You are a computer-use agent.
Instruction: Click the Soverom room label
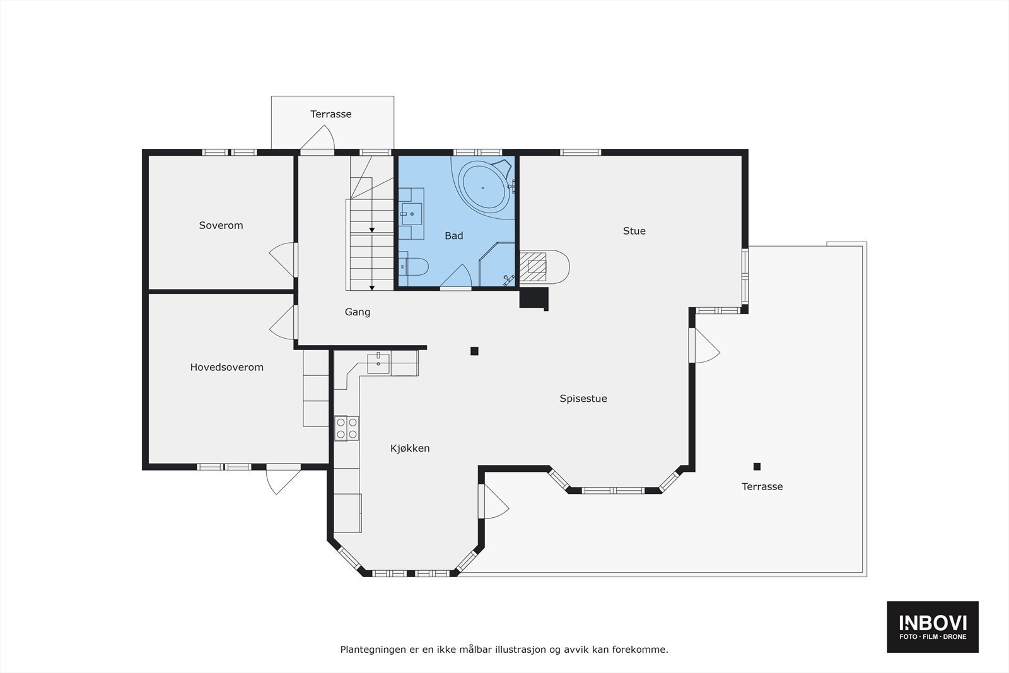click(x=221, y=225)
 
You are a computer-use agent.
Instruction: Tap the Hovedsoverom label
click(x=226, y=367)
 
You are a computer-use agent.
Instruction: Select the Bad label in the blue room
click(x=453, y=236)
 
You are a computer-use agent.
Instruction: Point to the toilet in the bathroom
click(x=414, y=267)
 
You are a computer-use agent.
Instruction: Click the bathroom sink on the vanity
click(x=412, y=214)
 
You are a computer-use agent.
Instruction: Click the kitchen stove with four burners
click(x=346, y=428)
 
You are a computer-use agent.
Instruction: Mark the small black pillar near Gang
click(x=474, y=351)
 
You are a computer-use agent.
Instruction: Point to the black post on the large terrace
click(x=757, y=467)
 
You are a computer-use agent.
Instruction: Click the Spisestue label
click(x=583, y=399)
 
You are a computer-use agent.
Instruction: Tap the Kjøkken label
click(x=410, y=448)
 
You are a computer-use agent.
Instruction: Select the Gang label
click(x=358, y=312)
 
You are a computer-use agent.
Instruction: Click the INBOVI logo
click(x=933, y=626)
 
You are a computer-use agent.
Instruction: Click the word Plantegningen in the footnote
click(x=371, y=649)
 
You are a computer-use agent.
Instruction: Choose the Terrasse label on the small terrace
click(x=331, y=114)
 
